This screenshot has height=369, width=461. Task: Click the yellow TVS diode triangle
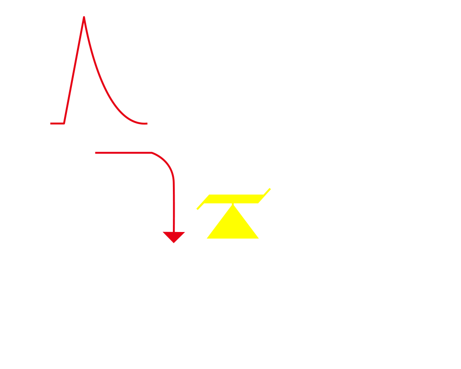pyautogui.click(x=233, y=224)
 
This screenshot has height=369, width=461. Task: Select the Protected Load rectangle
pyautogui.click(x=362, y=220)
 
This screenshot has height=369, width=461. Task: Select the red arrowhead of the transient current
pyautogui.click(x=174, y=237)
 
